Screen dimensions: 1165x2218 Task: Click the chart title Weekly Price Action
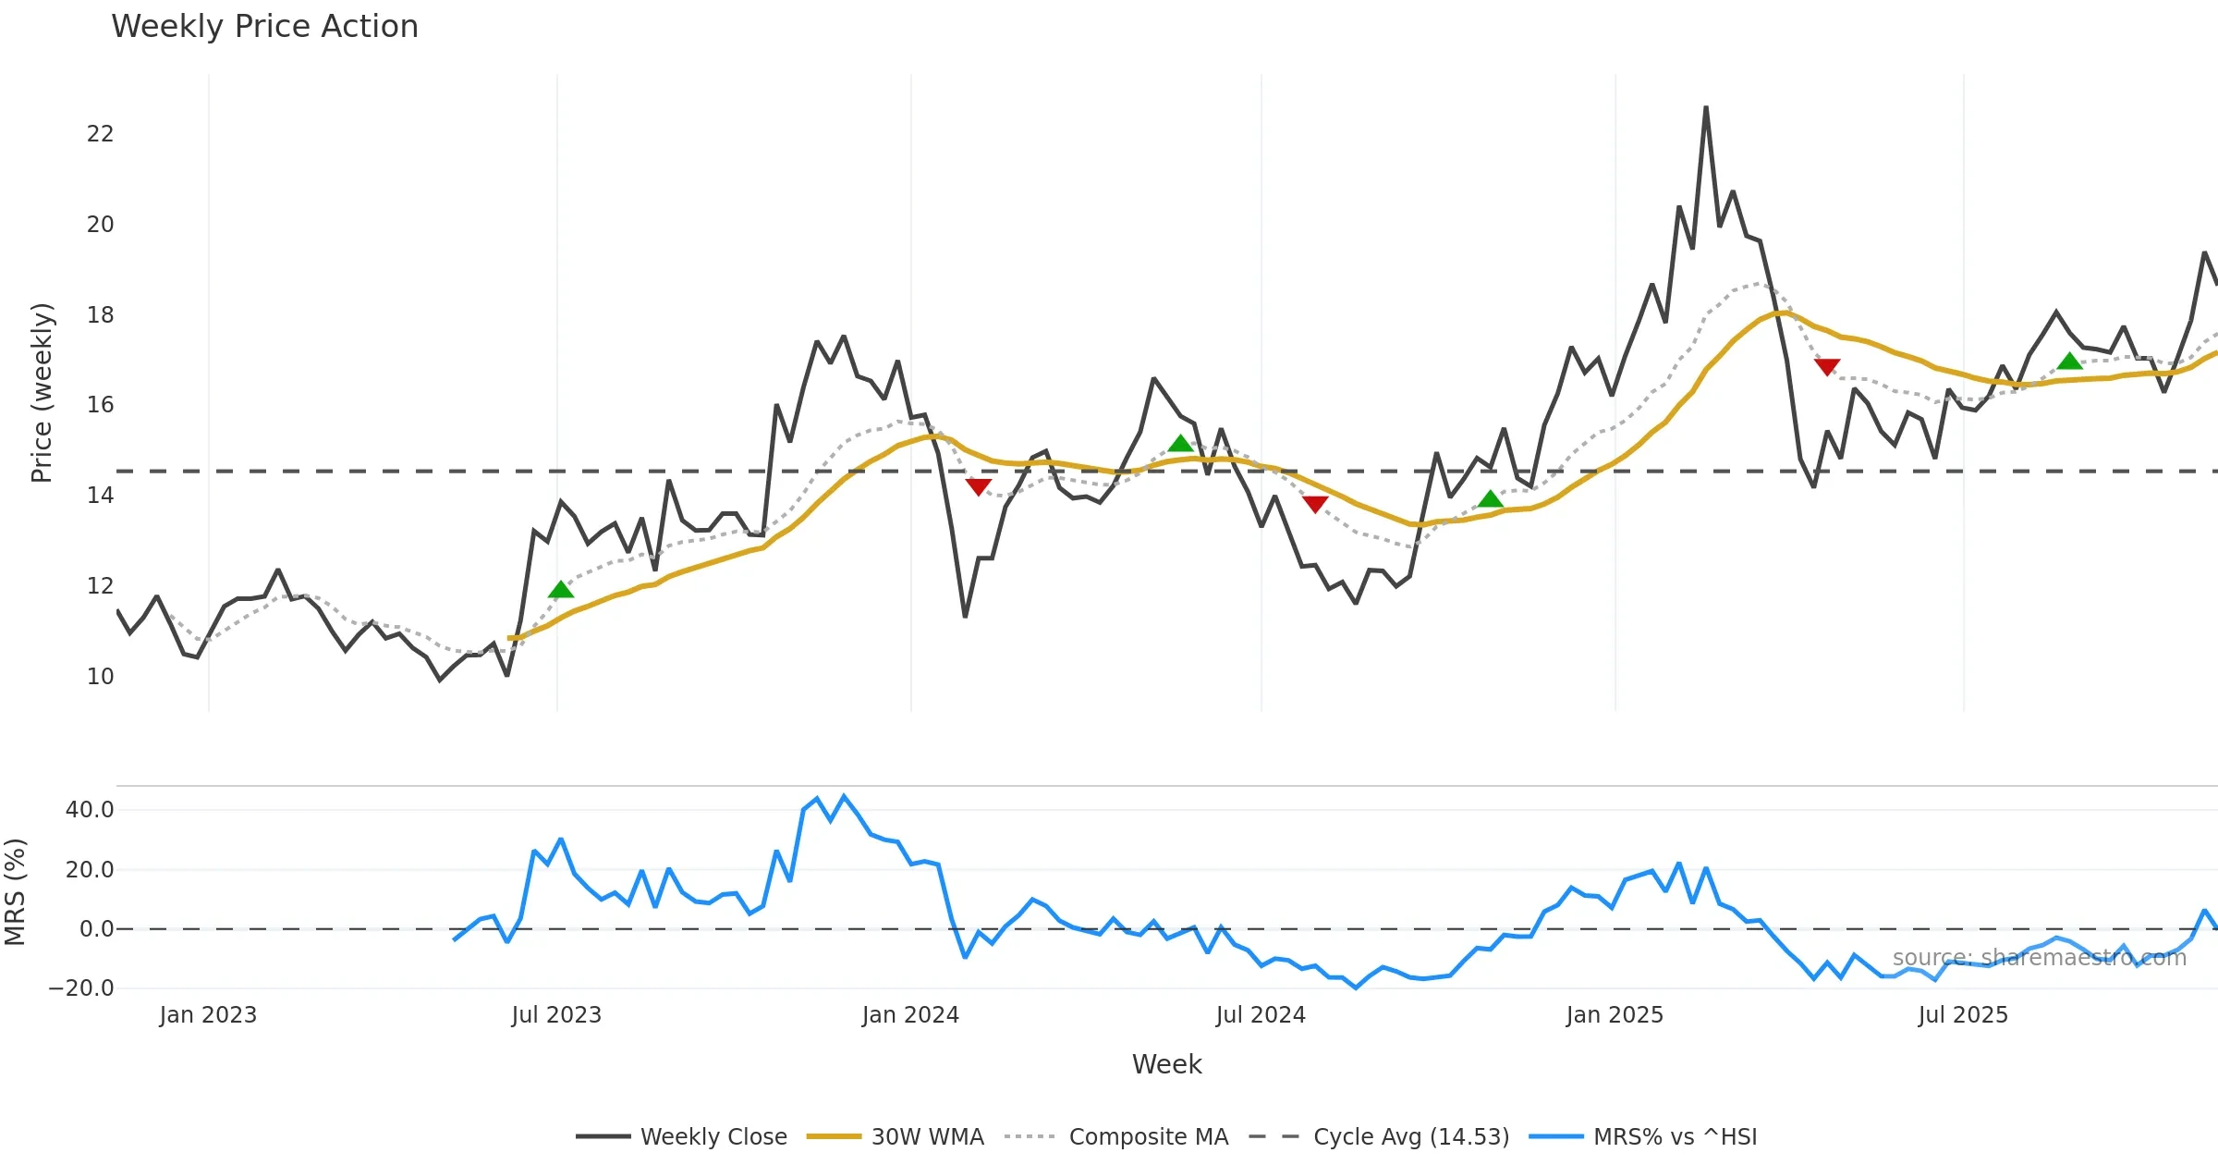(264, 27)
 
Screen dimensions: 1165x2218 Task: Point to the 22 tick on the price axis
(100, 134)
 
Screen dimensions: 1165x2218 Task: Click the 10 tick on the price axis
(100, 676)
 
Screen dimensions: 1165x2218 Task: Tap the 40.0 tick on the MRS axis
(90, 810)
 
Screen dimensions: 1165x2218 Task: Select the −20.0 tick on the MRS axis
(81, 987)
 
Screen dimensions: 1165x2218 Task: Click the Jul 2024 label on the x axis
(1261, 1015)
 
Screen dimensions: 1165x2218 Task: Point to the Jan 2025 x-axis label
(1615, 1015)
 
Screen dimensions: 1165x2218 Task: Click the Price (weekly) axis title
(42, 393)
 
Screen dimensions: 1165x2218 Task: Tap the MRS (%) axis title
(16, 892)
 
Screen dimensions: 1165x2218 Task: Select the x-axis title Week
(1166, 1064)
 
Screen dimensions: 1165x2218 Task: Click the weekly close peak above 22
(1706, 108)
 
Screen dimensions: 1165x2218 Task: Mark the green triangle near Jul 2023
(561, 590)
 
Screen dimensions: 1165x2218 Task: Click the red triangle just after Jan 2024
(978, 486)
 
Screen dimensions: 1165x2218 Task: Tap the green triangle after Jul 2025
(2069, 362)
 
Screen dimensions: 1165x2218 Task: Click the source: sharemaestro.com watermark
(2039, 958)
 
